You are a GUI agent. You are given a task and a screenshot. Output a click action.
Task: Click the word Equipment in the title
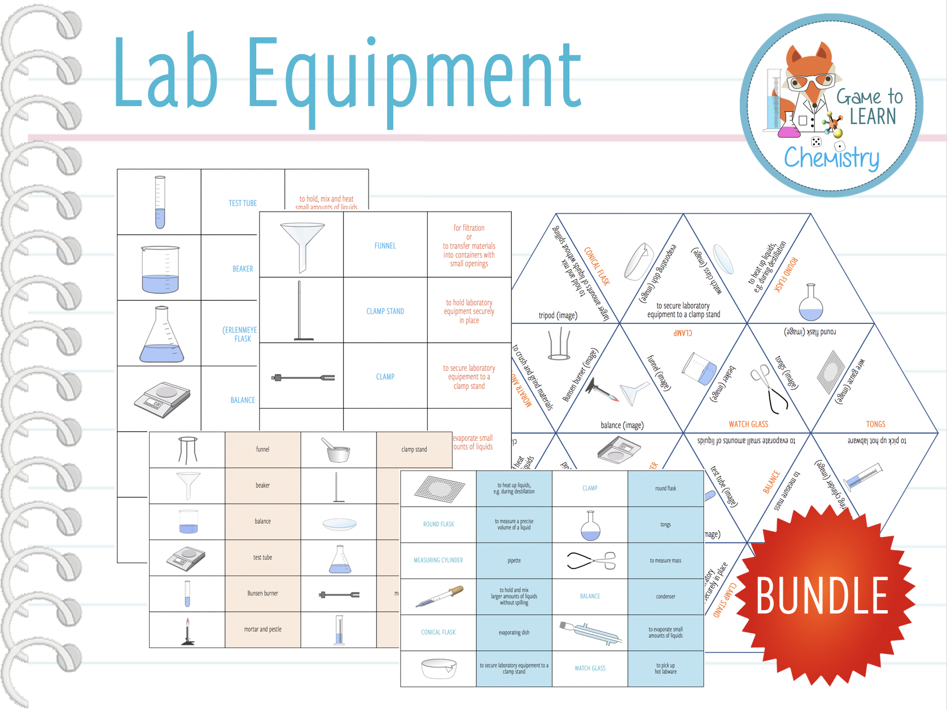(x=415, y=76)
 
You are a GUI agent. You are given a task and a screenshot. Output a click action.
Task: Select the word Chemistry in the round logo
(x=831, y=158)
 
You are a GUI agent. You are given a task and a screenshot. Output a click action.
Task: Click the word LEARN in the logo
(x=873, y=116)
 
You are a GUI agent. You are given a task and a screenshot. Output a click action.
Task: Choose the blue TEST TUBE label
(x=243, y=203)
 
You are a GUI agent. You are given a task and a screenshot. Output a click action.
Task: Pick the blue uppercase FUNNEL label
(x=385, y=246)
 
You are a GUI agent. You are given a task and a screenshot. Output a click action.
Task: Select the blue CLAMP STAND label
(x=385, y=311)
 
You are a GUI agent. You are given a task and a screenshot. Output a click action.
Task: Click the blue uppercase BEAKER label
(x=243, y=269)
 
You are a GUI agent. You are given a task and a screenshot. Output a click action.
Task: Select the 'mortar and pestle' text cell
(x=262, y=629)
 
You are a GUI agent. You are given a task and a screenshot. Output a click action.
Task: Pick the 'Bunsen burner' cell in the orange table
(x=262, y=593)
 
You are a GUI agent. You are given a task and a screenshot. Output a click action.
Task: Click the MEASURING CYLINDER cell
(x=438, y=560)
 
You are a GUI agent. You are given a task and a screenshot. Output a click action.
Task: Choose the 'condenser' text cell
(x=665, y=597)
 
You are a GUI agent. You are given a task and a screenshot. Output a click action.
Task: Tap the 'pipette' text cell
(x=514, y=560)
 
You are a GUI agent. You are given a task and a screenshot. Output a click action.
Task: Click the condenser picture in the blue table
(x=590, y=632)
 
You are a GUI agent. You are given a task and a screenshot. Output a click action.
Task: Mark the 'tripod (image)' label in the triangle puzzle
(x=558, y=315)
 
